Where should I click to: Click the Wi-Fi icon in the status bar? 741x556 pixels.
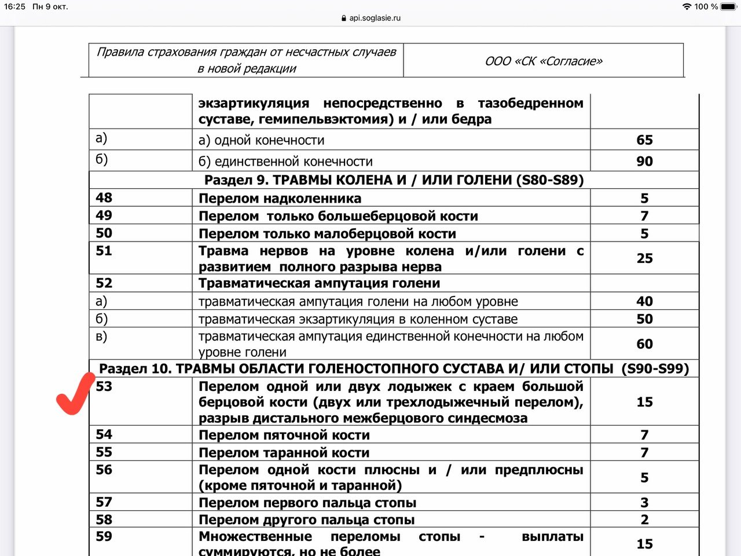(x=687, y=6)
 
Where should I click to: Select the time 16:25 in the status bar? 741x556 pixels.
(x=14, y=6)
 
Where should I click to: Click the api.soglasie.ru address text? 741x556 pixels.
(x=375, y=18)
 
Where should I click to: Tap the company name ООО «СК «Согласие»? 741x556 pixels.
(x=544, y=61)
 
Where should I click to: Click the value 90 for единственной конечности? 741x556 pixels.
(x=644, y=162)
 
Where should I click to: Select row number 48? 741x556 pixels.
(x=104, y=197)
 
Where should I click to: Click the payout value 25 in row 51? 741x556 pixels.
(x=644, y=258)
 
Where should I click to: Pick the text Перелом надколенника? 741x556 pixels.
(x=280, y=199)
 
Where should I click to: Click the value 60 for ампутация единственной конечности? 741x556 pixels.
(x=644, y=344)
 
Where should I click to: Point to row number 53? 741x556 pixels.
(x=104, y=386)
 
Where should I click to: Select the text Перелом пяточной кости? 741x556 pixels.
(x=284, y=435)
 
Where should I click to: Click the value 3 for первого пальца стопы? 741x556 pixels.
(x=644, y=503)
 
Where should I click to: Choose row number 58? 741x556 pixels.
(x=104, y=520)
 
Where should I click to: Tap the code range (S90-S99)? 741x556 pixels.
(x=655, y=369)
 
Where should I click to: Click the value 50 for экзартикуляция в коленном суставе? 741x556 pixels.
(x=644, y=319)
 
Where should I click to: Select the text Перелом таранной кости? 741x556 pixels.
(x=284, y=453)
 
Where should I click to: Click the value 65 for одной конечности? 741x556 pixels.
(x=644, y=140)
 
